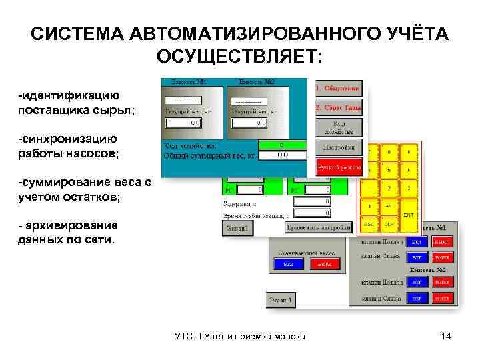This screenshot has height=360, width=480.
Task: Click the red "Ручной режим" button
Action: (x=339, y=167)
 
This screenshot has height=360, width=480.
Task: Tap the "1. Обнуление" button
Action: (x=339, y=88)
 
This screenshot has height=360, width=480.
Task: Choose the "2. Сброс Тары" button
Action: (x=339, y=107)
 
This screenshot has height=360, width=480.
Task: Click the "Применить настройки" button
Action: (x=319, y=228)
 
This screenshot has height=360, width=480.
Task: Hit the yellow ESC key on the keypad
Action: (x=369, y=225)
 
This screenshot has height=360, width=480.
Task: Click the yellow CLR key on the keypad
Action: (x=389, y=225)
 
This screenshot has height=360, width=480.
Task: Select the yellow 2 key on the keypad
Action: (x=389, y=189)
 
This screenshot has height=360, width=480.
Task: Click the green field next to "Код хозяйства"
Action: (x=281, y=145)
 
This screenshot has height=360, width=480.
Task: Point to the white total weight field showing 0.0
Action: (x=282, y=155)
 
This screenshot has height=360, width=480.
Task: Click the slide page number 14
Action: (x=446, y=336)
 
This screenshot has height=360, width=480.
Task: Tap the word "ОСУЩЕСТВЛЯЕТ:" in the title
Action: (x=239, y=56)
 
